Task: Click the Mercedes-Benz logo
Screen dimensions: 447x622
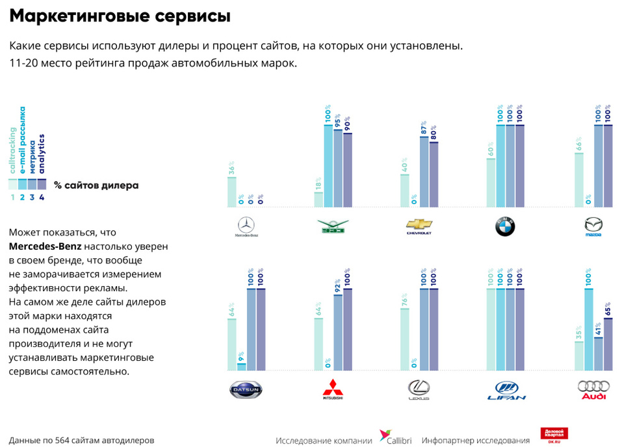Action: [246, 227]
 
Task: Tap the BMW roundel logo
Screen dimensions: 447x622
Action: [505, 226]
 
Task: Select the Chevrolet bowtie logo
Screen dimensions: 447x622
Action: [419, 226]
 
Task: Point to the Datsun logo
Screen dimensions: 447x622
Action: [246, 389]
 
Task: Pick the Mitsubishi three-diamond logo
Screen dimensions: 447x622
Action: [333, 388]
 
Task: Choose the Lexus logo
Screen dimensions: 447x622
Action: [419, 389]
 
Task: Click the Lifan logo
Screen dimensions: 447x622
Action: [506, 389]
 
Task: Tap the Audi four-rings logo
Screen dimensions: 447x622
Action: [593, 389]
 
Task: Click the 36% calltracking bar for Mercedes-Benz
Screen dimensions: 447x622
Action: [232, 192]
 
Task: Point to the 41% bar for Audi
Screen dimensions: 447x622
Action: [598, 354]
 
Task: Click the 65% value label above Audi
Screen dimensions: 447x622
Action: [608, 308]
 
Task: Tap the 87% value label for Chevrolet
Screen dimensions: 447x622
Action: [424, 127]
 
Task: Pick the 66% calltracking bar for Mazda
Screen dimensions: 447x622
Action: [579, 180]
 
